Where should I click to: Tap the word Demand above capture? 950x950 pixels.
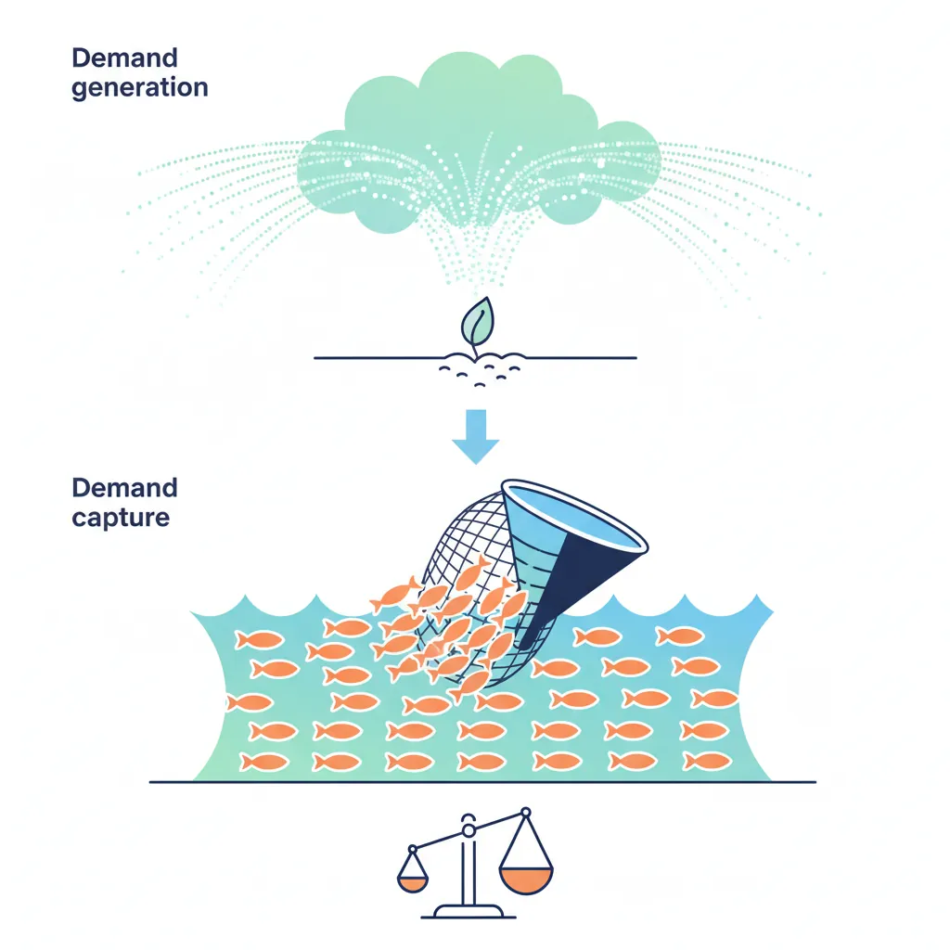click(x=124, y=487)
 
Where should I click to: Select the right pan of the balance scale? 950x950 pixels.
click(x=526, y=877)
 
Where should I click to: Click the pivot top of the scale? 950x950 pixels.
click(x=469, y=820)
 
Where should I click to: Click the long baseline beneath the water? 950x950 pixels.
click(x=482, y=782)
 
